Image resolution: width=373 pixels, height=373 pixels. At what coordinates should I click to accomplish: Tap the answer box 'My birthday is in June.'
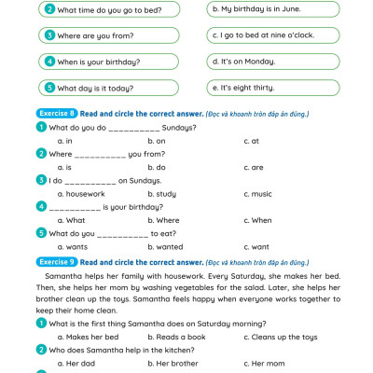point(270,9)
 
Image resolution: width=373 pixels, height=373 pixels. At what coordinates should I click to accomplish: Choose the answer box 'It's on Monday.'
point(270,62)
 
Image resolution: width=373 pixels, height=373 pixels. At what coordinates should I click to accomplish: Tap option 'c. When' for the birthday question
point(257,220)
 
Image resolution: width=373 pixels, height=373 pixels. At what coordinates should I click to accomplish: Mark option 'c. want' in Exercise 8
point(256,247)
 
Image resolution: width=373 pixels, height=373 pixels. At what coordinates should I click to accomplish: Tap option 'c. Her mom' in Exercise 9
point(264,363)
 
